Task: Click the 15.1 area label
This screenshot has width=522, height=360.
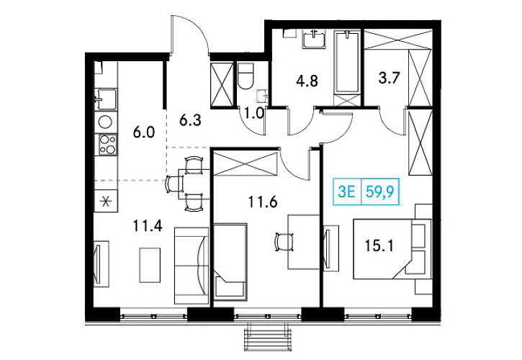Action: pyautogui.click(x=379, y=246)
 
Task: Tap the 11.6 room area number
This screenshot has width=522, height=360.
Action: pyautogui.click(x=263, y=202)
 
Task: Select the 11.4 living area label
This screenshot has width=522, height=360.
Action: pyautogui.click(x=148, y=226)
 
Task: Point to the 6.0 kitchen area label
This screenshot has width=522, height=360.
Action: pyautogui.click(x=144, y=132)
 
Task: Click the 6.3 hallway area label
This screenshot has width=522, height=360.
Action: pyautogui.click(x=190, y=120)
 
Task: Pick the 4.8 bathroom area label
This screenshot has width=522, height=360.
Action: pyautogui.click(x=307, y=81)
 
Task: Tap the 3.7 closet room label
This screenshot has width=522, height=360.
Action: pyautogui.click(x=390, y=78)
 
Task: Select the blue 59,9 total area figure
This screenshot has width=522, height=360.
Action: pyautogui.click(x=380, y=192)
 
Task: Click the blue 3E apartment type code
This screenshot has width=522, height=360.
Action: pyautogui.click(x=346, y=192)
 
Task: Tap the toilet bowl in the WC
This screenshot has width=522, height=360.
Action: pyautogui.click(x=246, y=76)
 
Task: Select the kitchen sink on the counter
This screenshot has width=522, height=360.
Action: pyautogui.click(x=106, y=99)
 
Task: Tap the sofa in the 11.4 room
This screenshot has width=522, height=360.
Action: pyautogui.click(x=192, y=266)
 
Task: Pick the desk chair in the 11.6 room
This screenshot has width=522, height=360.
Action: pyautogui.click(x=284, y=242)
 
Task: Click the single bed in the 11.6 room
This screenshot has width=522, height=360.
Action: pyautogui.click(x=230, y=261)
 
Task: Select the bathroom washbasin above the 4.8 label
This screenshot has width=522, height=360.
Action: pyautogui.click(x=314, y=40)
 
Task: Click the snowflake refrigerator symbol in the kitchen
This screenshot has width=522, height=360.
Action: pyautogui.click(x=106, y=201)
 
